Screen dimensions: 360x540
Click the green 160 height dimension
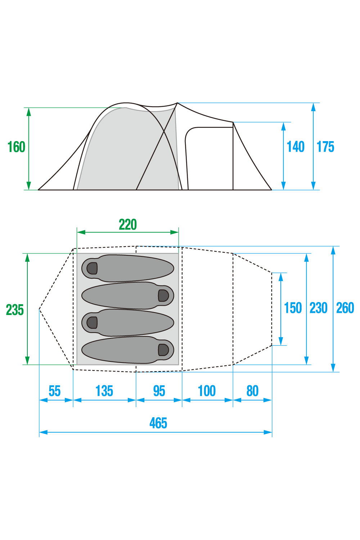17,147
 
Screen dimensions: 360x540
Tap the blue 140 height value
296,147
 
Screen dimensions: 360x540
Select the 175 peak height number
325,147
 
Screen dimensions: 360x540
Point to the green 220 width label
128,224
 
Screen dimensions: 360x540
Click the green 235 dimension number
15,310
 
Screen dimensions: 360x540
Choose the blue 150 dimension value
293,308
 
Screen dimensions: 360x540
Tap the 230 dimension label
319,308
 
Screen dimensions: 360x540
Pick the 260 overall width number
345,308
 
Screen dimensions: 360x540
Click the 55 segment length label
54,391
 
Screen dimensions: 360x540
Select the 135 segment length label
104,391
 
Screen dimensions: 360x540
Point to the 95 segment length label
159,391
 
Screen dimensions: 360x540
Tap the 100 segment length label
207,391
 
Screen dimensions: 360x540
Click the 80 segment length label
252,391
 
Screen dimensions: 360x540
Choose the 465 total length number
158,423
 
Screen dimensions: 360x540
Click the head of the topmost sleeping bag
92,268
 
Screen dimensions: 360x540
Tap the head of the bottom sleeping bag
163,350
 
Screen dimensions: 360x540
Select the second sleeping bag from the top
128,296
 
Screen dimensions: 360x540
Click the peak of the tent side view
177,103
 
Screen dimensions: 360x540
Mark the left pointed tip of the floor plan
39,309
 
